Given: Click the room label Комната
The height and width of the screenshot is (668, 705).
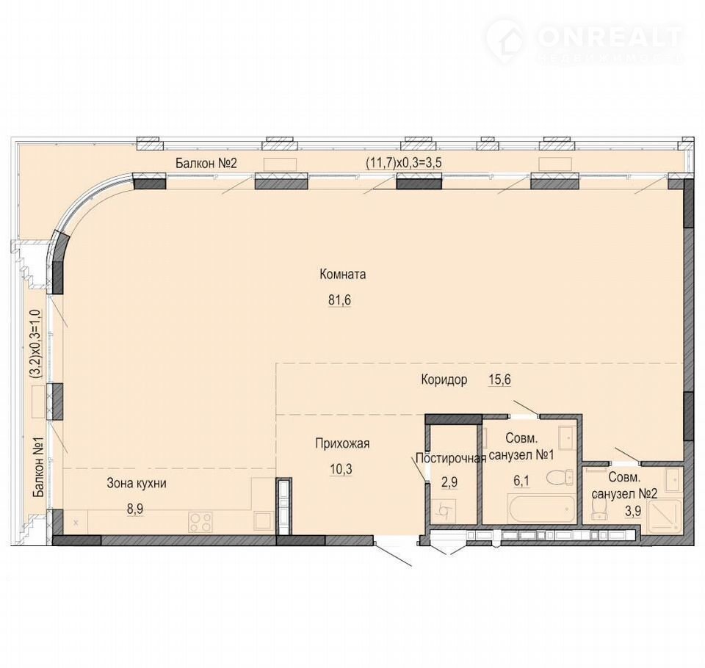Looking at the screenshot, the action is pyautogui.click(x=343, y=275).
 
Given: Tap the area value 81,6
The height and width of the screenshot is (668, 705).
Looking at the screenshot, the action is pyautogui.click(x=339, y=299).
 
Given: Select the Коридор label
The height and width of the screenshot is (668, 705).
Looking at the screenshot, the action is pyautogui.click(x=444, y=380).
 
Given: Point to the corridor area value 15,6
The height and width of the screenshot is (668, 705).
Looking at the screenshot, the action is pyautogui.click(x=499, y=380).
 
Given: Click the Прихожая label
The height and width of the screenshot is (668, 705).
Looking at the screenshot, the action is pyautogui.click(x=342, y=443).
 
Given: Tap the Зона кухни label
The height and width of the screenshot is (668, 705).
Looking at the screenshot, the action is pyautogui.click(x=137, y=484).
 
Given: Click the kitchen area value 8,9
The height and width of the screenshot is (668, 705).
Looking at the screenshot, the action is pyautogui.click(x=136, y=509).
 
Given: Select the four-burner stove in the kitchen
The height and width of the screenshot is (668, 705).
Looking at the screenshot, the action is pyautogui.click(x=200, y=521).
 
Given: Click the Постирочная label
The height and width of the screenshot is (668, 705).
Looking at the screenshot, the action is pyautogui.click(x=451, y=458).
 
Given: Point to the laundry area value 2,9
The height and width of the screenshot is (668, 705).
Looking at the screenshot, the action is pyautogui.click(x=449, y=482).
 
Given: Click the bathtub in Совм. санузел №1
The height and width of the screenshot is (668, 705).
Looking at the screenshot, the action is pyautogui.click(x=541, y=509).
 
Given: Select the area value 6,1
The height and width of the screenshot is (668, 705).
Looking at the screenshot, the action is pyautogui.click(x=521, y=482).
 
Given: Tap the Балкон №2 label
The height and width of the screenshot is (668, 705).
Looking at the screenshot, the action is pyautogui.click(x=206, y=163).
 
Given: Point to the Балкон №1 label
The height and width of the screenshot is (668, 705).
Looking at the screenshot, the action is pyautogui.click(x=40, y=468).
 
